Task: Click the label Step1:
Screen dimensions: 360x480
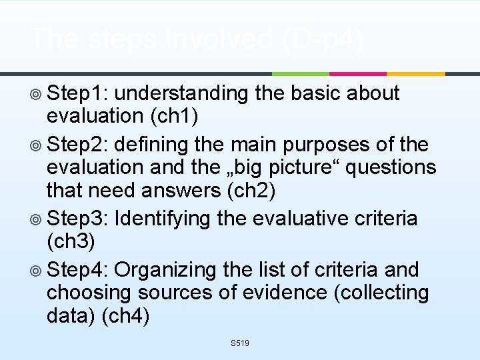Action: (81, 94)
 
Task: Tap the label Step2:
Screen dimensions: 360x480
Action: (81, 145)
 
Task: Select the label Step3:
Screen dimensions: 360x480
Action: (81, 218)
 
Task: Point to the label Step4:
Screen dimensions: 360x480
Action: (81, 270)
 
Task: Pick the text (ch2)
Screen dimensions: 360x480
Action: (251, 191)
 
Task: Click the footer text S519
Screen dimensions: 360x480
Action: (239, 343)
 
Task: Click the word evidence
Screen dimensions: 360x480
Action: (299, 292)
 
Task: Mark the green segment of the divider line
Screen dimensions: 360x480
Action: (300, 73)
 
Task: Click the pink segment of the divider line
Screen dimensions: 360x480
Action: (358, 73)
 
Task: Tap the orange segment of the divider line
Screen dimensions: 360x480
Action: (415, 73)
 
